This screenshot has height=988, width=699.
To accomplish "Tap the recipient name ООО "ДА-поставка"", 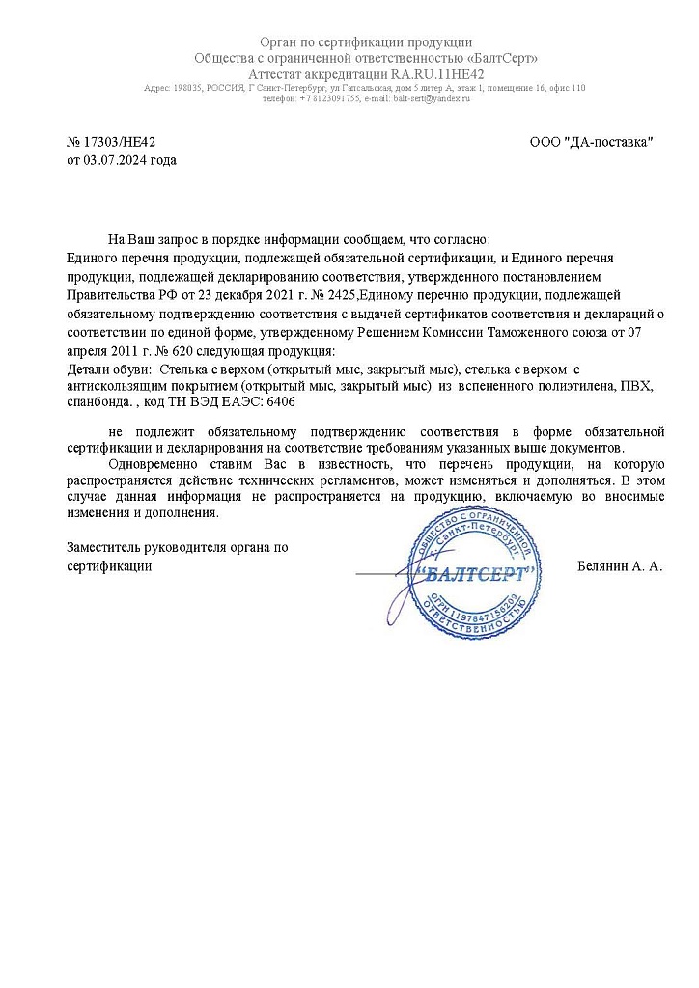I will [x=592, y=142].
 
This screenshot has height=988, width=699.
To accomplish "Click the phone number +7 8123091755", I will [x=331, y=98].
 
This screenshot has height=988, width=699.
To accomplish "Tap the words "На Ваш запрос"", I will [x=151, y=238].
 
